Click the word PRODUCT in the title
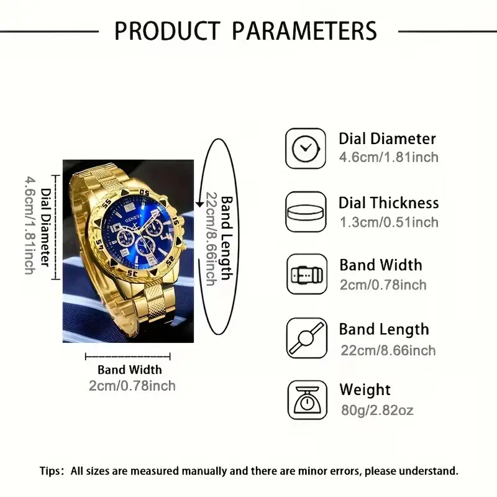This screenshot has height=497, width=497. (x=167, y=30)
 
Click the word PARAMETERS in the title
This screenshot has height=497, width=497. (x=304, y=30)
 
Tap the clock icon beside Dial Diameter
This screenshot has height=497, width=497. (x=306, y=148)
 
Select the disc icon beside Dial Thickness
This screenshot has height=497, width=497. (x=306, y=212)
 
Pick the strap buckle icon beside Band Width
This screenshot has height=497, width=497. (x=307, y=274)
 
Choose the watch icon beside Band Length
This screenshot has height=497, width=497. (x=307, y=338)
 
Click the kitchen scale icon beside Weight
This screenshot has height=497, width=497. (x=307, y=400)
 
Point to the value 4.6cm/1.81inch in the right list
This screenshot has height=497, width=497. (x=389, y=157)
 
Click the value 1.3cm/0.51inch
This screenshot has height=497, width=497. (x=390, y=222)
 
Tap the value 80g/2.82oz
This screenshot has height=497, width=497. (x=377, y=410)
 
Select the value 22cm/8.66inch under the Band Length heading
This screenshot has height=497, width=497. (x=388, y=350)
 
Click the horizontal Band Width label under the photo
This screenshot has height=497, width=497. (x=130, y=370)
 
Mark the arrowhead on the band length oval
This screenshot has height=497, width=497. (x=199, y=204)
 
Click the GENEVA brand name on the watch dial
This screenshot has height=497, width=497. (x=134, y=219)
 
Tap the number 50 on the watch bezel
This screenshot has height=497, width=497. (x=145, y=193)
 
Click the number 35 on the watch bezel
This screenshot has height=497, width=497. (x=132, y=273)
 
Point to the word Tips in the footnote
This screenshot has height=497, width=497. (x=50, y=471)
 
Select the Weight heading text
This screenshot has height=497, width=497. (x=365, y=390)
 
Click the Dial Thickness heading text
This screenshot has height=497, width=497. (x=389, y=203)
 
